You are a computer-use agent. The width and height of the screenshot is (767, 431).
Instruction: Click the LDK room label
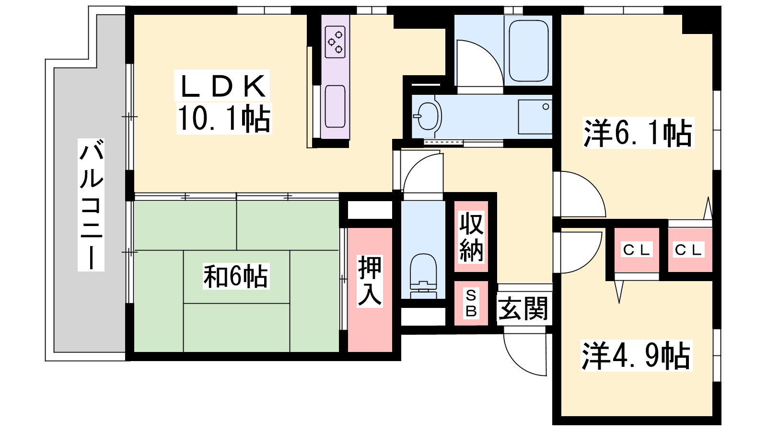222,86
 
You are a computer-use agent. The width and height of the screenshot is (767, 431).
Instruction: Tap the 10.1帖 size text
224,118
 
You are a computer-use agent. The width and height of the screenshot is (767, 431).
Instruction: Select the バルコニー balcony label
91,205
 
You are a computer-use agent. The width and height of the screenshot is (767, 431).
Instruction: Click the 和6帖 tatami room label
236,276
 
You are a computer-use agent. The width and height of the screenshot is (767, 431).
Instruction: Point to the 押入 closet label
370,281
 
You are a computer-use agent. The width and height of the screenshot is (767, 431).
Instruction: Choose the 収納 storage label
471,237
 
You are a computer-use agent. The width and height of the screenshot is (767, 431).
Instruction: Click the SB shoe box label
471,303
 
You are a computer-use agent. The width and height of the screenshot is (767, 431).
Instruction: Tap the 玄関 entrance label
523,308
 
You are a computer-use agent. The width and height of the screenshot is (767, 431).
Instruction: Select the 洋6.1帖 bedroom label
638,133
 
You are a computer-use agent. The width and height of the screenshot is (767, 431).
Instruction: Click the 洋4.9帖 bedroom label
637,356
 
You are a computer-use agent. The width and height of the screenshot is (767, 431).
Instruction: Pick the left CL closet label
637,250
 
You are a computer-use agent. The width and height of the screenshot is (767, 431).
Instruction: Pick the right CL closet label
688,250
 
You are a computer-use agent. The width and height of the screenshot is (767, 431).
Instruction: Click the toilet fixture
423,276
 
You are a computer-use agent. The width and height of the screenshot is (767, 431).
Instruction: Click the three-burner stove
335,42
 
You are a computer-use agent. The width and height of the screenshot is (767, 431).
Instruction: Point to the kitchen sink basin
335,106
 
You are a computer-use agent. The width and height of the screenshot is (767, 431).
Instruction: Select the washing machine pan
535,117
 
